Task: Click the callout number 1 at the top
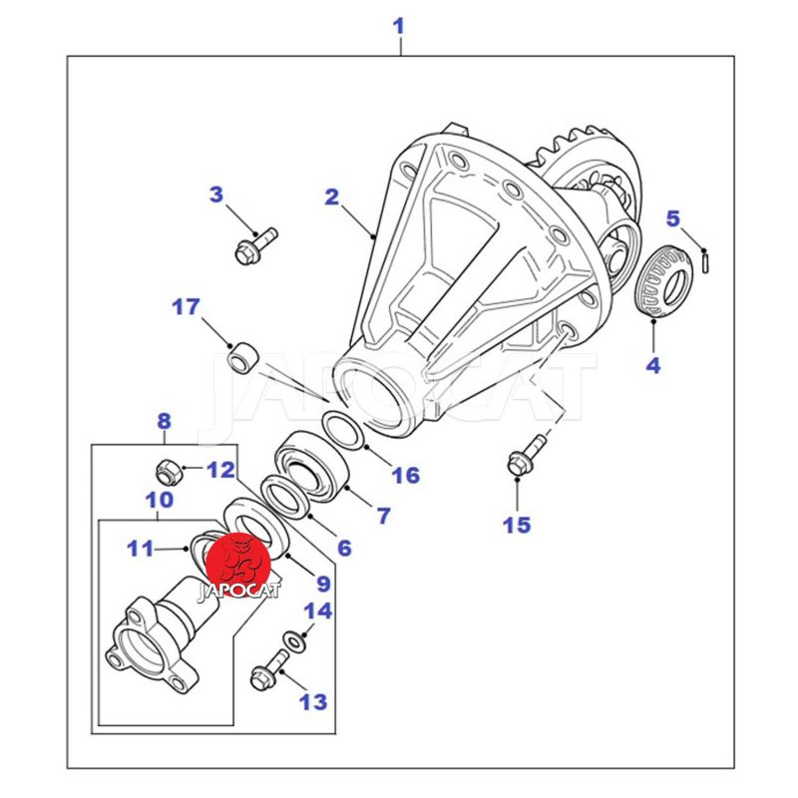(399, 24)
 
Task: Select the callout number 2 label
(332, 197)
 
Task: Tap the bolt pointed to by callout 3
(254, 244)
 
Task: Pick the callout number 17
(187, 306)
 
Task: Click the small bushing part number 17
(242, 355)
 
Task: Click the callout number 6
(344, 548)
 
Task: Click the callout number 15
(517, 524)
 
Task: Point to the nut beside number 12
(168, 468)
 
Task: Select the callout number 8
(164, 422)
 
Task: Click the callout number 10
(160, 499)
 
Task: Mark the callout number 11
(141, 547)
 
